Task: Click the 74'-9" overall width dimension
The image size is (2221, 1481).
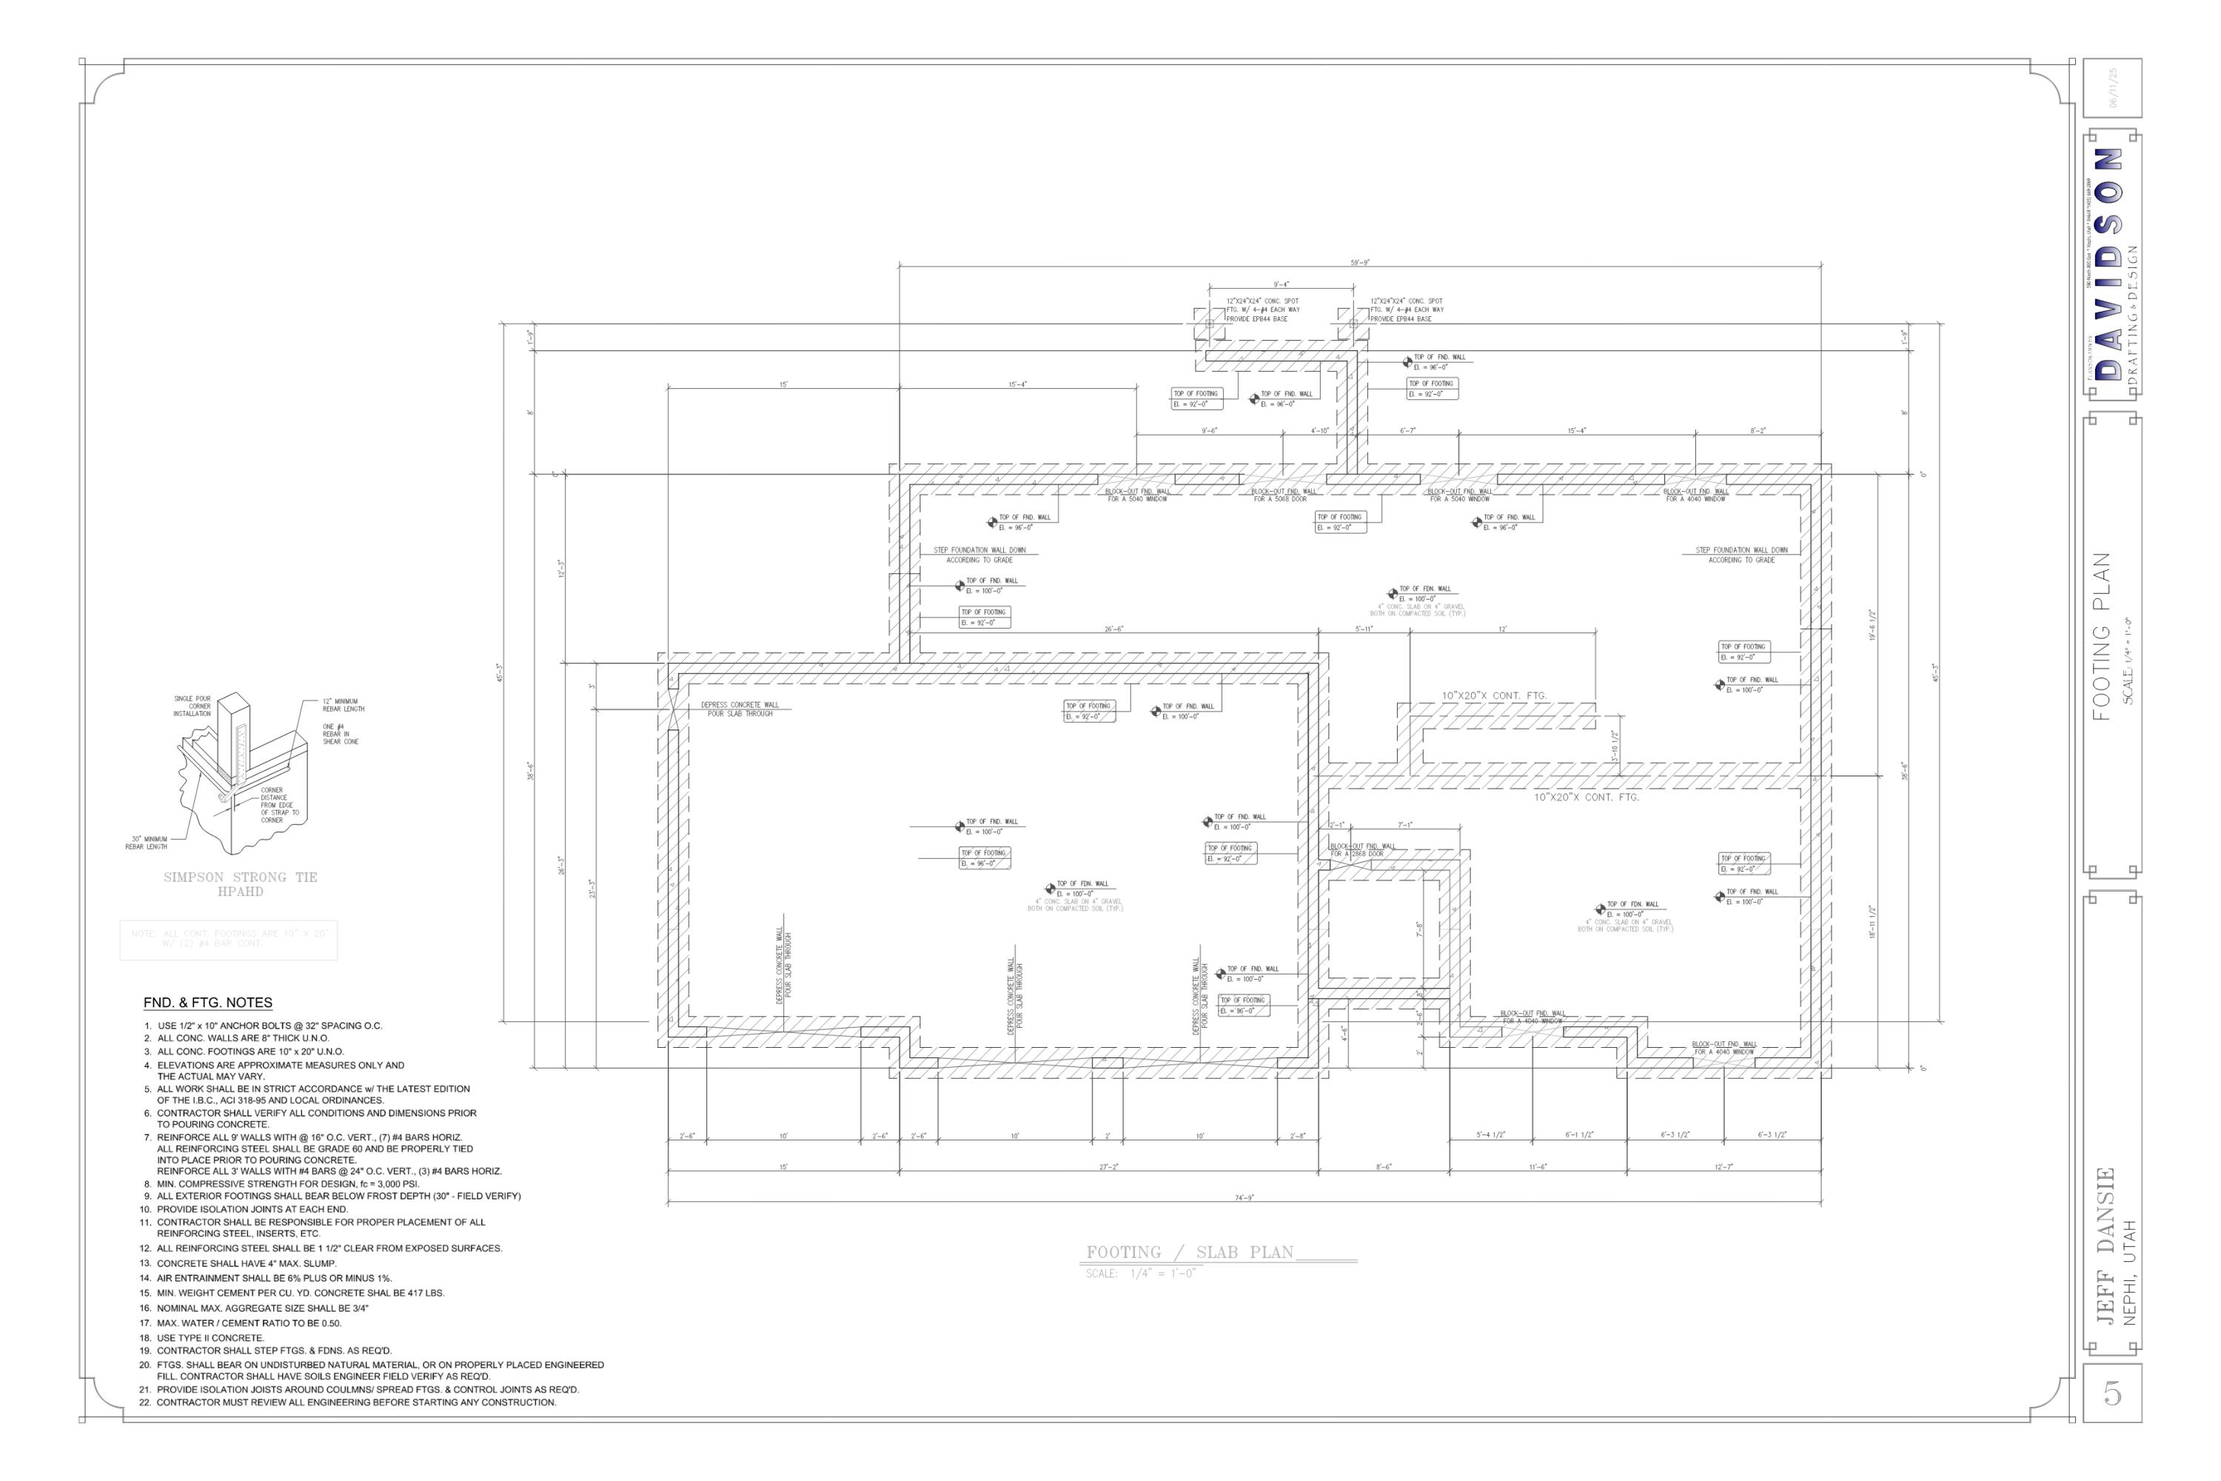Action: [1244, 1197]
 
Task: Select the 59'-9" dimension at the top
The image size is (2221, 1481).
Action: [1360, 263]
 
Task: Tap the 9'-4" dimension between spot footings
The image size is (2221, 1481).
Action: [1281, 284]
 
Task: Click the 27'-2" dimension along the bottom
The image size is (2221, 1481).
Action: [1108, 1166]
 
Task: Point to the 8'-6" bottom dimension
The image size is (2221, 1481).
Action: [1384, 1166]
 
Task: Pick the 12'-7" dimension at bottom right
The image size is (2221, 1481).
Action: [1723, 1166]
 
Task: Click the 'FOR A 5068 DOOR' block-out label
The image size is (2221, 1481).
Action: [1279, 498]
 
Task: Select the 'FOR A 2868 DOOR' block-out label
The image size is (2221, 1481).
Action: [1357, 854]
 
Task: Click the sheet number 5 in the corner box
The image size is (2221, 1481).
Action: [2111, 1393]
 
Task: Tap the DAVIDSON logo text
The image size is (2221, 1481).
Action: [2107, 264]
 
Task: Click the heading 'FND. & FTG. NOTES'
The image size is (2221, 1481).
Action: [208, 1003]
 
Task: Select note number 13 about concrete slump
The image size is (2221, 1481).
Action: [246, 1263]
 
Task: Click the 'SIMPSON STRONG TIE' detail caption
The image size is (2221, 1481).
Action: [240, 877]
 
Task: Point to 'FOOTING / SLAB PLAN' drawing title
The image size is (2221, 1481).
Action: [1190, 1252]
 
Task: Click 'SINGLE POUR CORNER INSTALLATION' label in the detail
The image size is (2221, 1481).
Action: [192, 706]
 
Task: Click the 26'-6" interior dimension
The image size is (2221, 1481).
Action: [1114, 629]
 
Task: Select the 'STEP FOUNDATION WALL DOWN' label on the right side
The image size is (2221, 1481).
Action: [1741, 549]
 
